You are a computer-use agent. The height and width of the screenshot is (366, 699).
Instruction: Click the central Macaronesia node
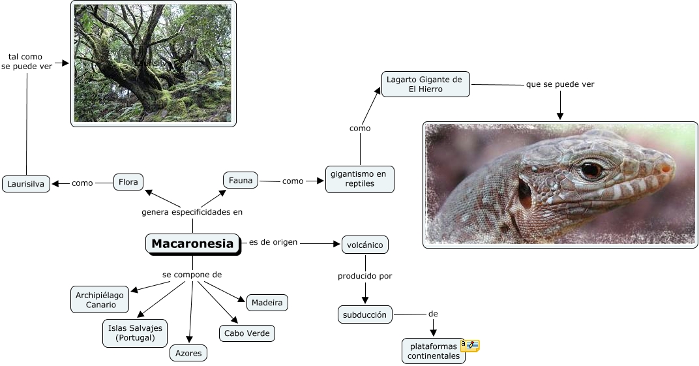tap(192, 244)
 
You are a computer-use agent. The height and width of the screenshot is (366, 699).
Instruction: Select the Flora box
tap(128, 182)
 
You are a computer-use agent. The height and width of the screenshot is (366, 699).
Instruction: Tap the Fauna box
tap(241, 179)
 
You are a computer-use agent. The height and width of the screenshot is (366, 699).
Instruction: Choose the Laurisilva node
tap(26, 184)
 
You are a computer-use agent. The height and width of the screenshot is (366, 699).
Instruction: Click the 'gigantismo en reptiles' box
tap(359, 179)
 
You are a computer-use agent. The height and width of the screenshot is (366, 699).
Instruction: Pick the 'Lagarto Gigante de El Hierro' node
tap(424, 84)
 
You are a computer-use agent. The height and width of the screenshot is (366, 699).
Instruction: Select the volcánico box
tap(365, 245)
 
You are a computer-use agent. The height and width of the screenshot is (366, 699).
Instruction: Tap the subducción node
tap(365, 314)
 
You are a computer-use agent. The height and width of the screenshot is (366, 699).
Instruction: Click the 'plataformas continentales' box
tap(434, 350)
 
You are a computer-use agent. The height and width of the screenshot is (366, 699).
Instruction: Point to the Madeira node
tap(267, 303)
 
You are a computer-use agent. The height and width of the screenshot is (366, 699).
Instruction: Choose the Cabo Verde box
tap(246, 333)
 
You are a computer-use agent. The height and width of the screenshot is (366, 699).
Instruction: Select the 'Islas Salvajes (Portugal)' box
tap(135, 333)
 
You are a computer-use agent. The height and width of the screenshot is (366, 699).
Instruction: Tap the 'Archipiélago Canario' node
tap(100, 300)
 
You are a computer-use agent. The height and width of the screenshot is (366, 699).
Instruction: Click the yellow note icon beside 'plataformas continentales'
tap(470, 345)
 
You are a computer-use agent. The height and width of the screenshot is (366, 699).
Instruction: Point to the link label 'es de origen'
tap(273, 242)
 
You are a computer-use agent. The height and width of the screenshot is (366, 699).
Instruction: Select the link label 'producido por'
tap(364, 276)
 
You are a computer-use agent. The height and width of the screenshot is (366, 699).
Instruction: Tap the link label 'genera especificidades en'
tap(192, 212)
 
